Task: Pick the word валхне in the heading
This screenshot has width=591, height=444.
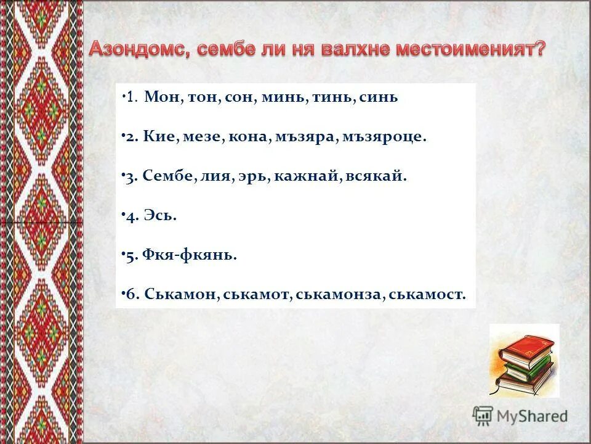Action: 357,50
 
